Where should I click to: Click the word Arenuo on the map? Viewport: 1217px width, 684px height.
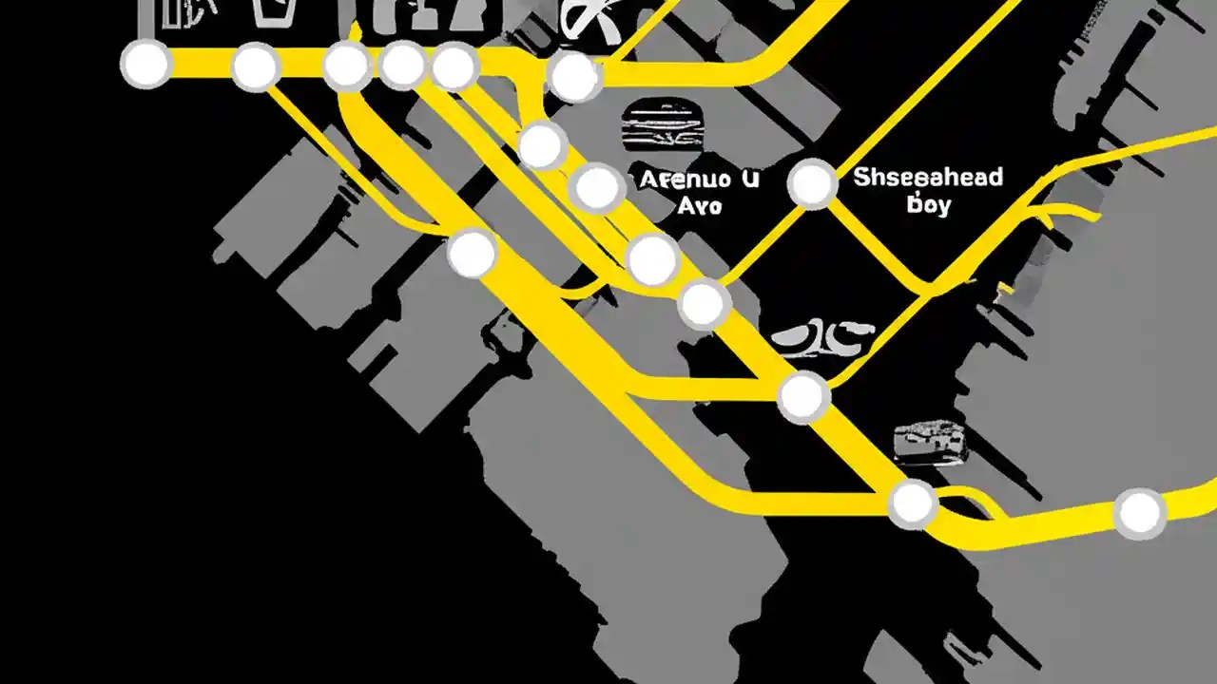[x=686, y=180]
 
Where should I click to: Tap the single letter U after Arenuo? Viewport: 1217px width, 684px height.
[x=750, y=179]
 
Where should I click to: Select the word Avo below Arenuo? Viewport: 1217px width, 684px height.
[x=702, y=206]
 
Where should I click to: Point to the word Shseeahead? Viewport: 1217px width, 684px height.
[x=927, y=177]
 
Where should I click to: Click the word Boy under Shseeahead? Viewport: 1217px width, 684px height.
[x=929, y=204]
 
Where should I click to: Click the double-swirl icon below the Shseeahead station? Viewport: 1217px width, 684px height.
[x=822, y=335]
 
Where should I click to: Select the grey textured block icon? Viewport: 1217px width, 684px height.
[x=931, y=444]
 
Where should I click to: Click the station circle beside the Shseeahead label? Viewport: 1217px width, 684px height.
[x=812, y=183]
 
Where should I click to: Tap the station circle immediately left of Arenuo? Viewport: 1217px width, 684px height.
[x=597, y=188]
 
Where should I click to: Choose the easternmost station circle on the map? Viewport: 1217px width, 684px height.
[x=1139, y=513]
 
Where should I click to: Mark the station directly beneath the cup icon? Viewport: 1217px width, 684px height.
[x=255, y=67]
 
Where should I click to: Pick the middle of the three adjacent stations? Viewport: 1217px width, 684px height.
[x=402, y=65]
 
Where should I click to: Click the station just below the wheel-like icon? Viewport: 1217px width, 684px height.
[x=573, y=77]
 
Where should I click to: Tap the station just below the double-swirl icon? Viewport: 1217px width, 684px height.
[x=803, y=397]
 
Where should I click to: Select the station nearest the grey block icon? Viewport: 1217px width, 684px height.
[x=912, y=503]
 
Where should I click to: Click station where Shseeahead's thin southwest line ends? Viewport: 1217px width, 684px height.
[x=704, y=304]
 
